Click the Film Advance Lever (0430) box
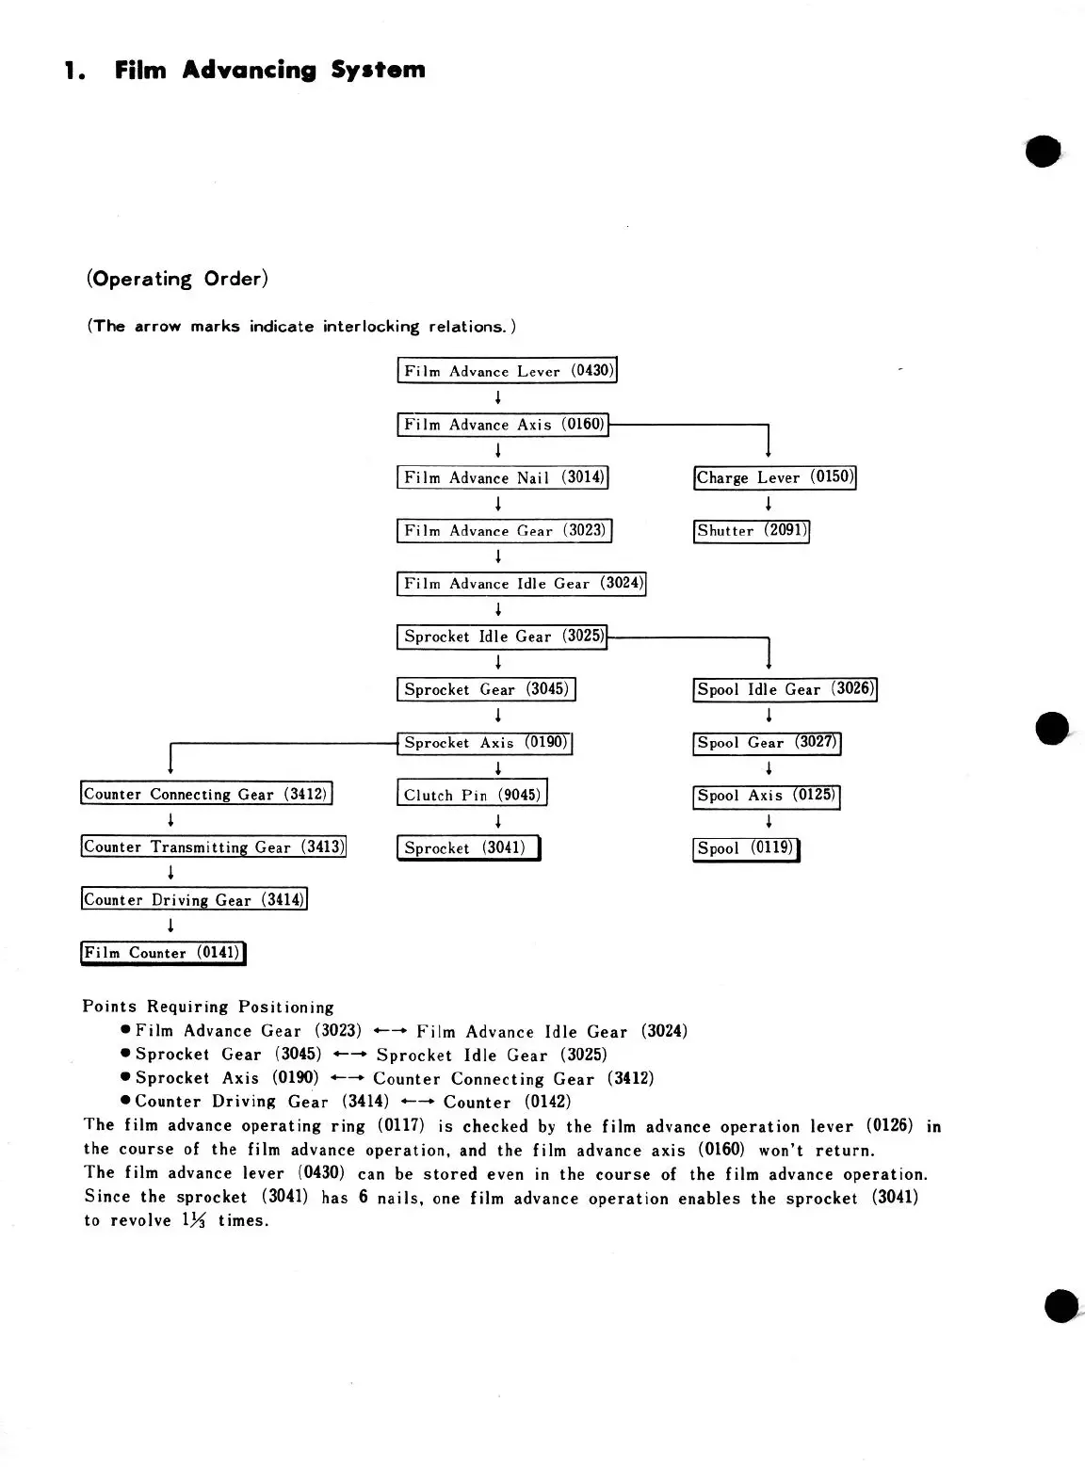pos(507,371)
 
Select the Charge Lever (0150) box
pos(774,477)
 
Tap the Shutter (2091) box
pos(752,531)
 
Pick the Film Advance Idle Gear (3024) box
pos(522,584)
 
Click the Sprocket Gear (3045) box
pos(486,689)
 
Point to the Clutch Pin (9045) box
pos(471,795)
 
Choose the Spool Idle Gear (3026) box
pos(785,689)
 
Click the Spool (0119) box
pos(745,848)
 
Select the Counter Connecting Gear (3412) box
pos(206,794)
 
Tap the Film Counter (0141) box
pos(163,953)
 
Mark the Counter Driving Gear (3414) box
pos(194,899)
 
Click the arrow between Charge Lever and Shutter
pos(769,504)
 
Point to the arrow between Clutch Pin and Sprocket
pos(497,821)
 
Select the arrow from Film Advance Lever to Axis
pos(497,397)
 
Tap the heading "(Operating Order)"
pos(177,279)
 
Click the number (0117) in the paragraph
pos(400,1125)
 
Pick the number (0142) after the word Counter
pos(547,1102)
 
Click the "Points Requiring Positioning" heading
pos(208,1007)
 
